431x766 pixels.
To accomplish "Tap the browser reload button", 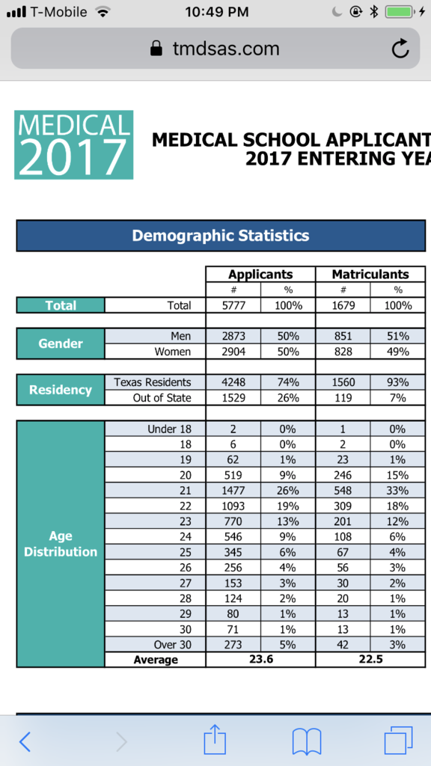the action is pyautogui.click(x=400, y=49).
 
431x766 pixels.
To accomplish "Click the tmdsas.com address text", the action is pyautogui.click(x=226, y=49).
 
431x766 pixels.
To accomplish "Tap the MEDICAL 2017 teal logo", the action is pyautogui.click(x=74, y=144).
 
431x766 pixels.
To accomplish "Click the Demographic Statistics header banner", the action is pyautogui.click(x=221, y=236).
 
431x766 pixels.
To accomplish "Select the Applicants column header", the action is pyautogui.click(x=260, y=274).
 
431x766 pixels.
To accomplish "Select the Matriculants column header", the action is pyautogui.click(x=370, y=274).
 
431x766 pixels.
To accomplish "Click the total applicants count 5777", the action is pyautogui.click(x=233, y=306).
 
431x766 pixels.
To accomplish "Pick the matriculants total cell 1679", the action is pyautogui.click(x=343, y=306).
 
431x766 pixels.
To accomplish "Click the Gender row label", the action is pyautogui.click(x=61, y=343).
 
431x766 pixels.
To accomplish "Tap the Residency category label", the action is pyautogui.click(x=61, y=390).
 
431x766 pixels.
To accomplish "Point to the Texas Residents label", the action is pyautogui.click(x=153, y=382).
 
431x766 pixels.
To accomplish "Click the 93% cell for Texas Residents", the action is pyautogui.click(x=398, y=382).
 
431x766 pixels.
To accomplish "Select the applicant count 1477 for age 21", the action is pyautogui.click(x=233, y=490).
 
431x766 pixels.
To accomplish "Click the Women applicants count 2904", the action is pyautogui.click(x=233, y=352).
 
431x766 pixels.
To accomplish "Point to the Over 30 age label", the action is pyautogui.click(x=171, y=644).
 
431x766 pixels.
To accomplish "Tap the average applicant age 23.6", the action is pyautogui.click(x=261, y=659).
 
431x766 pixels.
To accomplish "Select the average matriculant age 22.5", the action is pyautogui.click(x=370, y=659).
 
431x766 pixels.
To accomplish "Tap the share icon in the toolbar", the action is pyautogui.click(x=215, y=740).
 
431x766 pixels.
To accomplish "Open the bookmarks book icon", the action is pyautogui.click(x=306, y=742).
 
